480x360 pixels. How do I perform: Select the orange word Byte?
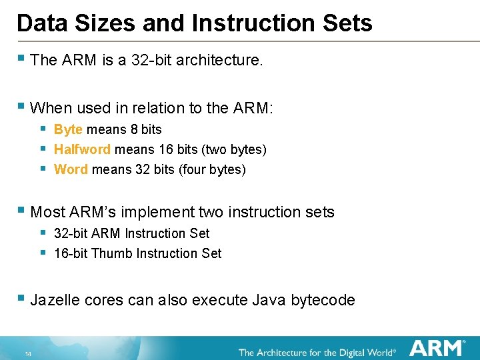[x=68, y=129]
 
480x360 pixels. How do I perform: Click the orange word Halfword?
[x=82, y=149]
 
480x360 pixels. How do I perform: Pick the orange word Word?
[x=71, y=169]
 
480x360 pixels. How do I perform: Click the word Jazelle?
[x=56, y=300]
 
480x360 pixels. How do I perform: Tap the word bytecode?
[x=322, y=300]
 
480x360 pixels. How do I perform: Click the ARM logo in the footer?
[x=437, y=348]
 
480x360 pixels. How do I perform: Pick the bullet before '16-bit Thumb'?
[x=43, y=252]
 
